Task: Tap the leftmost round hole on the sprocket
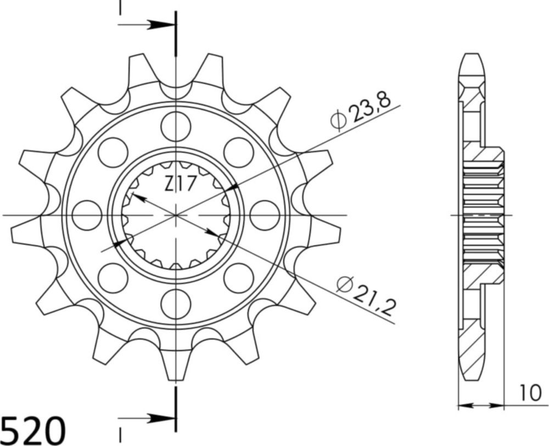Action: (87, 214)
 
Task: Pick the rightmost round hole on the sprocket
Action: (265, 214)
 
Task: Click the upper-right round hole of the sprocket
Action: (238, 151)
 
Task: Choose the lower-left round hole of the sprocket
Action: (113, 277)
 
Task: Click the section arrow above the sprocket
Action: (149, 25)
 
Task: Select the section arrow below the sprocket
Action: (149, 419)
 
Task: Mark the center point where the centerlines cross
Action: (176, 215)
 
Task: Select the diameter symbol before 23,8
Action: (338, 121)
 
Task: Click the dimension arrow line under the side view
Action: (481, 406)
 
